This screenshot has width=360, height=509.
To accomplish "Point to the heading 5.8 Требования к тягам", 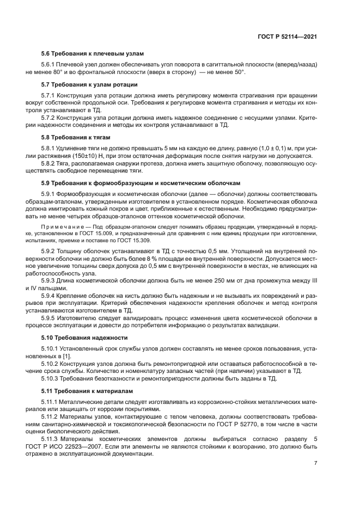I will point(72,138).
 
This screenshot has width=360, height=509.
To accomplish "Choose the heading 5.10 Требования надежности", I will point(77,338).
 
